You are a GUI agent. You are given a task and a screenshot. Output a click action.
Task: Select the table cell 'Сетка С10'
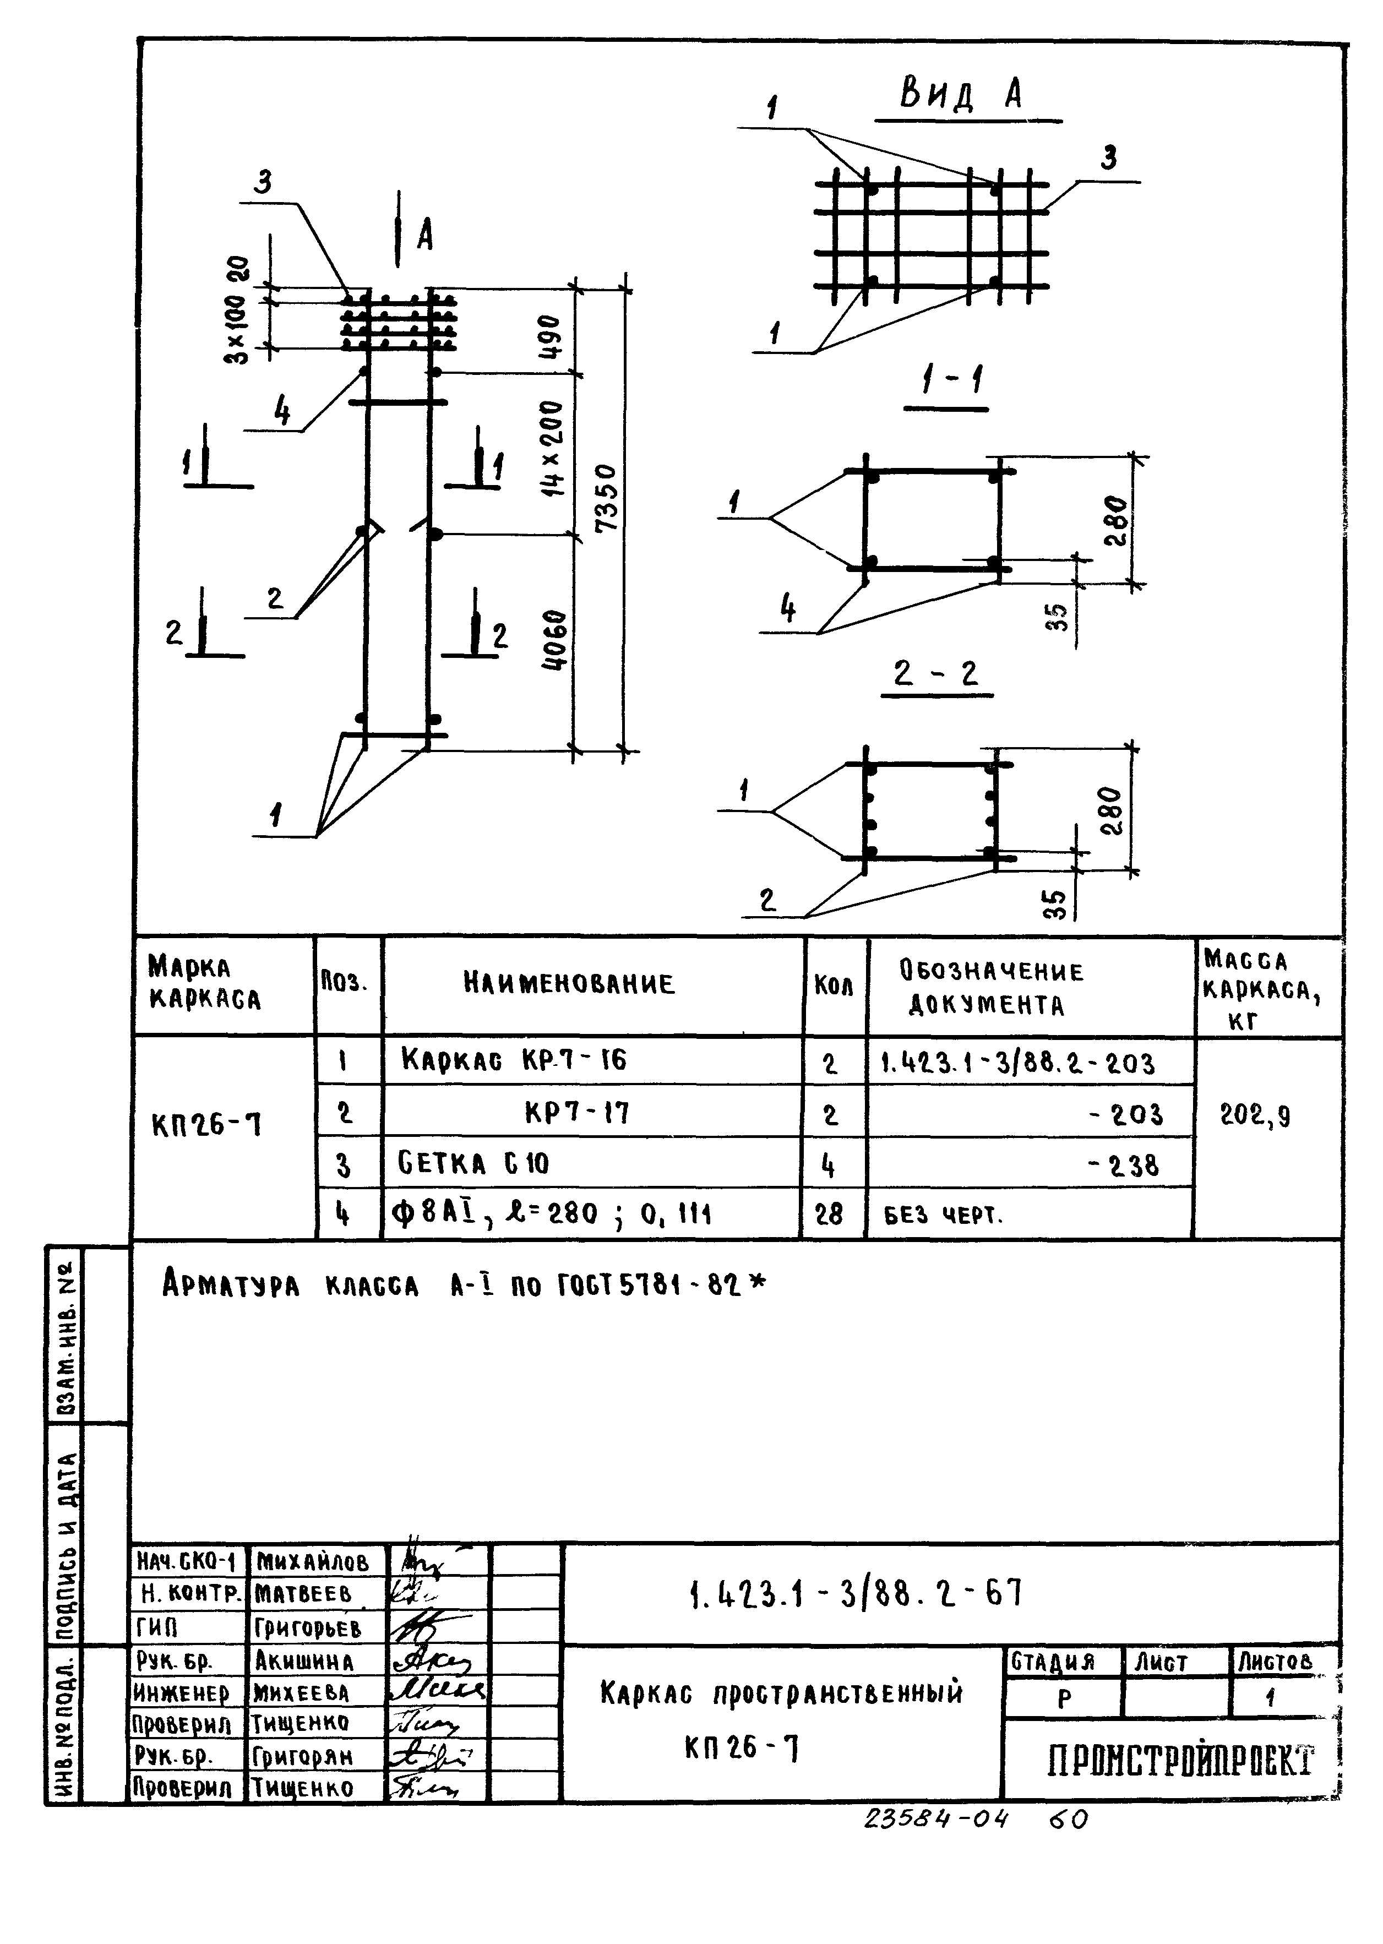click(475, 1163)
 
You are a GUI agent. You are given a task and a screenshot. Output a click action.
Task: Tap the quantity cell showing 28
click(829, 1213)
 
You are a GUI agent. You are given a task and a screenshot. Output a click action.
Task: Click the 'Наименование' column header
click(569, 984)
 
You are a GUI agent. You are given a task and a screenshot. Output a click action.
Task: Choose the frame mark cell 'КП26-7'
click(207, 1126)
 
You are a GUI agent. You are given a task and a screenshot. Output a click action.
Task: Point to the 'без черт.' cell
click(944, 1215)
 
